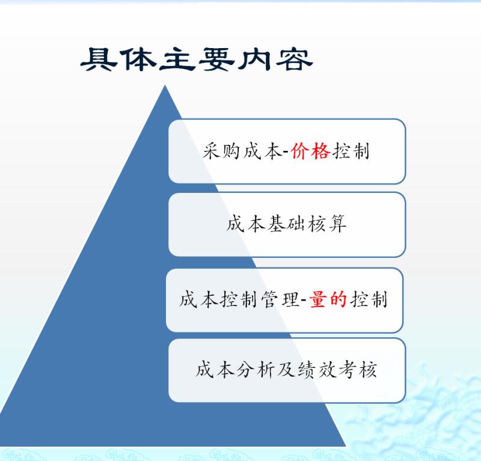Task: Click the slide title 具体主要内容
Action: pos(197,59)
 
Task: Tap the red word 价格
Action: pos(310,151)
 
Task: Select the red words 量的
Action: pos(328,299)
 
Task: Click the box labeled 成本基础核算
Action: pos(287,225)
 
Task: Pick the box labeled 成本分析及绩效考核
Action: pos(287,370)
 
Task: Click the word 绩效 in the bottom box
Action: pos(317,370)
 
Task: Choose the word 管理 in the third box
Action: pos(280,299)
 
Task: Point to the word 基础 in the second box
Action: pos(286,224)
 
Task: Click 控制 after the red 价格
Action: pos(351,151)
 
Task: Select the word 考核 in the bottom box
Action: pos(358,370)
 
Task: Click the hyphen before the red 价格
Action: pos(286,153)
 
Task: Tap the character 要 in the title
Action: pos(216,59)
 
